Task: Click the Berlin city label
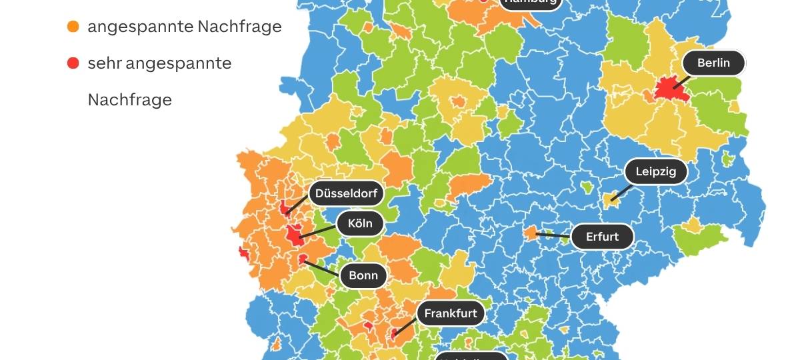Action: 713,63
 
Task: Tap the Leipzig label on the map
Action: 655,171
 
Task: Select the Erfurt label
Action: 602,236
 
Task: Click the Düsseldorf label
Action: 346,194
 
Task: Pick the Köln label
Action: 360,223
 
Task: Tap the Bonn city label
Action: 363,275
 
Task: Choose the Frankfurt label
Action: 451,313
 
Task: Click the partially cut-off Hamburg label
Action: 531,3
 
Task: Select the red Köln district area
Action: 293,235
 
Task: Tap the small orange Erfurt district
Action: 531,233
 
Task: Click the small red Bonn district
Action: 303,259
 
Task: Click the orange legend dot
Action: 73,27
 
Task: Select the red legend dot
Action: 73,63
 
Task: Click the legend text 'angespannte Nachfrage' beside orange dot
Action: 185,27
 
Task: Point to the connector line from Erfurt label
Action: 553,235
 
